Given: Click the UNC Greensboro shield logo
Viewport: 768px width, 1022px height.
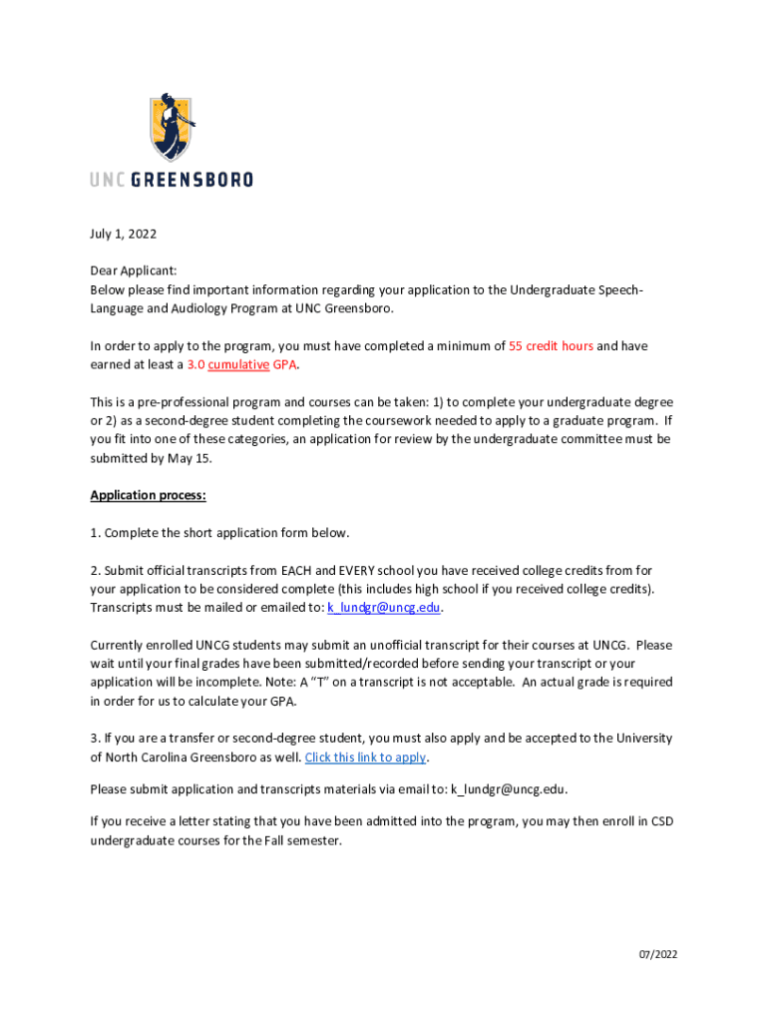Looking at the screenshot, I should [x=172, y=127].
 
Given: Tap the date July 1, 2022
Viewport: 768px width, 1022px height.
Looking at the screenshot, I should [x=123, y=235].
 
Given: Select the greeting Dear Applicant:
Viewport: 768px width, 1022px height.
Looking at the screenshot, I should [x=134, y=271].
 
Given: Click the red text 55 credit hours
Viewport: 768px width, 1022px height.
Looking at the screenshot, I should [x=551, y=346].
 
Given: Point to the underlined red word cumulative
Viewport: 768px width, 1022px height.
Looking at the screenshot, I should [x=238, y=365].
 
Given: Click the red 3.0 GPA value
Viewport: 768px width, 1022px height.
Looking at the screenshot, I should [x=196, y=365].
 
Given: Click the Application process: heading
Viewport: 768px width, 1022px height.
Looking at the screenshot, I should [x=148, y=495].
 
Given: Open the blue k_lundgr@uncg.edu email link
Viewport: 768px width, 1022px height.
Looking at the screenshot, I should [x=384, y=608].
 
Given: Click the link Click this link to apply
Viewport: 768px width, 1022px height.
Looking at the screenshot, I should [x=365, y=758].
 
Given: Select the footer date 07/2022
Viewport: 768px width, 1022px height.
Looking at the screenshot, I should [x=658, y=955].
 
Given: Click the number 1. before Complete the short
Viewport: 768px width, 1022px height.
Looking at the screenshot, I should [x=95, y=533].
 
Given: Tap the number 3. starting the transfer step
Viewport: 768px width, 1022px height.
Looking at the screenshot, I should [x=95, y=739].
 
